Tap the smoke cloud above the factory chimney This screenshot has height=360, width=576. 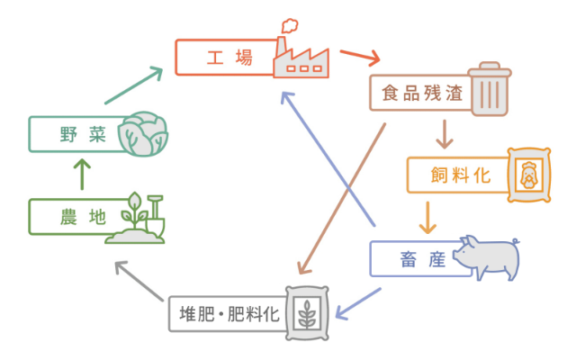[290, 26]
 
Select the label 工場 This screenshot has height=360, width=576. [229, 58]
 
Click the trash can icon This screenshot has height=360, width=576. [490, 89]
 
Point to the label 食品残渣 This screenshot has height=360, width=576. [422, 93]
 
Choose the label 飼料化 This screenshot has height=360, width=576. [460, 175]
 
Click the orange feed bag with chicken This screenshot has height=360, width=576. [529, 175]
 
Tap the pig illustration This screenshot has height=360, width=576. [486, 257]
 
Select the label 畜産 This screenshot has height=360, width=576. [422, 259]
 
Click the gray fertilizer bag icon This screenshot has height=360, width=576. [307, 313]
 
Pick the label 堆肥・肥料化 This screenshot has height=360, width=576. [229, 314]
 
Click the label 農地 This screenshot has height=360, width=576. [83, 217]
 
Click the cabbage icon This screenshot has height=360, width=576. [142, 134]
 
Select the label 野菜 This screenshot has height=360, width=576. [83, 134]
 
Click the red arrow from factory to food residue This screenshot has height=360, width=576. [360, 57]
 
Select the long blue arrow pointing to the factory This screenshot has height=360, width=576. [328, 158]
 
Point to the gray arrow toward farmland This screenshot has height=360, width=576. [139, 281]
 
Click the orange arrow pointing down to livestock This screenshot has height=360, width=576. [427, 218]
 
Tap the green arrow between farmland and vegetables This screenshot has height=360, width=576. [82, 174]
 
